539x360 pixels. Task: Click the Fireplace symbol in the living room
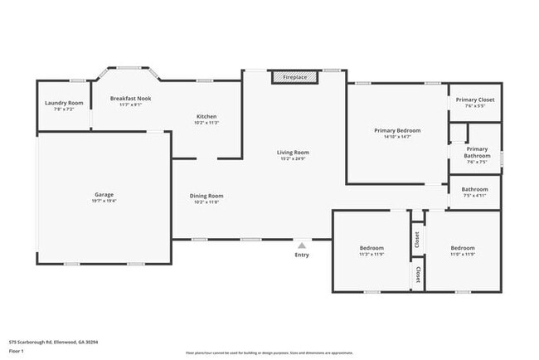[294, 77]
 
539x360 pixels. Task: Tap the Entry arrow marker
[302, 245]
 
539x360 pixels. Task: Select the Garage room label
[104, 195]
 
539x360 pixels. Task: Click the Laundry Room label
[64, 103]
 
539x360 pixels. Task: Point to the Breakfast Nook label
[130, 98]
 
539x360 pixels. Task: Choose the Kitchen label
[206, 115]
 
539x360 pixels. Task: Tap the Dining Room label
[208, 196]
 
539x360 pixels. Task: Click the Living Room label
[293, 152]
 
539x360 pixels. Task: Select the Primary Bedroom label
[397, 130]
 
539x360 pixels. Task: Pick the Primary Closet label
[475, 100]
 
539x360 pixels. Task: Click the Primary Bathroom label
[477, 153]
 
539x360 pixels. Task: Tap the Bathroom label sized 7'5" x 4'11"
[474, 189]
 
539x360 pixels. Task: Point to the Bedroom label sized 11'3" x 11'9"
[371, 248]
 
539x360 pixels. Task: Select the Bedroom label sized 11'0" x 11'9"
[463, 248]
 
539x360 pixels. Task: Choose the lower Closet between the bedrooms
[417, 275]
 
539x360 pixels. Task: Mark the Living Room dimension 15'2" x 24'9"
[293, 158]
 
